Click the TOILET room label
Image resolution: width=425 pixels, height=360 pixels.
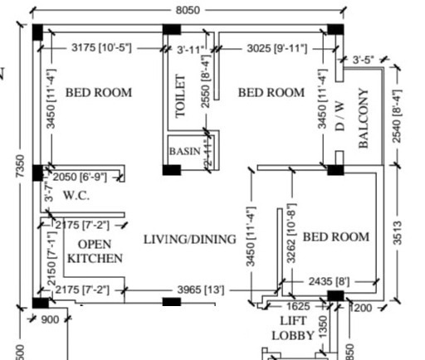(x=182, y=96)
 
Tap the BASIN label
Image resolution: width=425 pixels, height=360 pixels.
(x=184, y=152)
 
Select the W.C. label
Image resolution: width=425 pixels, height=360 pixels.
(x=76, y=196)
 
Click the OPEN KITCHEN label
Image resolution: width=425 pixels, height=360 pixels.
(x=95, y=251)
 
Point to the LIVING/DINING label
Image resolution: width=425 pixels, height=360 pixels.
(x=189, y=240)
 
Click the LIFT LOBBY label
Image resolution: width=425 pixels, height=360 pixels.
(x=293, y=328)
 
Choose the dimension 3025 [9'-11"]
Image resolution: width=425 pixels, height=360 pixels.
(x=266, y=49)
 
